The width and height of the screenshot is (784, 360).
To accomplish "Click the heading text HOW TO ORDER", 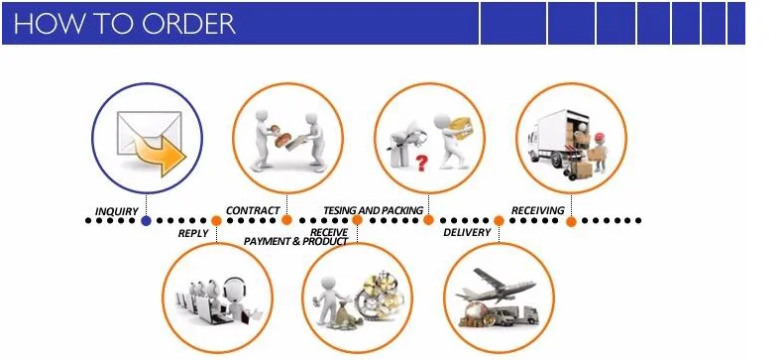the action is tap(125, 24).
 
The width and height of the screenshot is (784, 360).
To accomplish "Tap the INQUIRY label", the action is tap(117, 211).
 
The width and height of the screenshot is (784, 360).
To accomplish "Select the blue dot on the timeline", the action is tap(146, 220).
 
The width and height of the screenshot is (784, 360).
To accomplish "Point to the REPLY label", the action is tap(193, 233).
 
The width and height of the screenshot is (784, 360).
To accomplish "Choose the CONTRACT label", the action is tap(253, 210).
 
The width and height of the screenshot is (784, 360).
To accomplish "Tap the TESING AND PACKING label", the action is tap(373, 210).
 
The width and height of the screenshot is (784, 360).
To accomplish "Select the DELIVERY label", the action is tap(467, 232).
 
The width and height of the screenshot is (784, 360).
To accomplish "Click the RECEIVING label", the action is tap(537, 210).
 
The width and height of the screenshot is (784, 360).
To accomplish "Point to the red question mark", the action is tap(422, 163).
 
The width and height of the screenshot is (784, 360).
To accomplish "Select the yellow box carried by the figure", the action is tap(460, 128).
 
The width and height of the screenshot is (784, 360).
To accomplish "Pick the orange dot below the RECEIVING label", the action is tap(571, 221).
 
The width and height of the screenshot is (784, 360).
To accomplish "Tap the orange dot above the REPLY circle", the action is tap(216, 220).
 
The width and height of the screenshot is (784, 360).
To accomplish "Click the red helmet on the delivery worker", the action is tap(599, 137).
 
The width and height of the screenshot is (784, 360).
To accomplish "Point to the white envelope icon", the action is tap(149, 133).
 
